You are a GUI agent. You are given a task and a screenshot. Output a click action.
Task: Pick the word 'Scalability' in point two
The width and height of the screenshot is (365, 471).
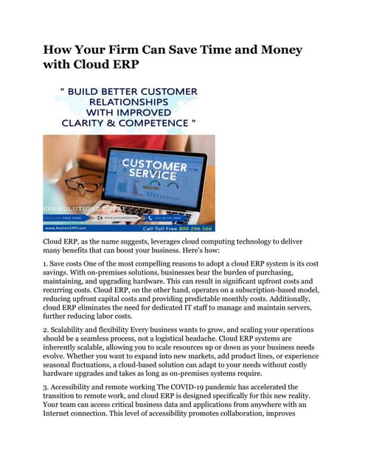coord(74,330)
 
